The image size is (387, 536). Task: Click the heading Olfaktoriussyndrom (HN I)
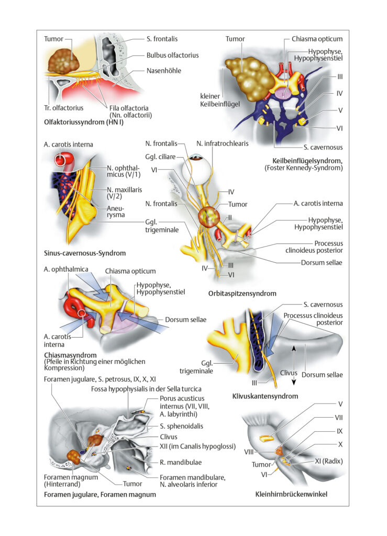[84, 122]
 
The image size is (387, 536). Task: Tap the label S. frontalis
[162, 39]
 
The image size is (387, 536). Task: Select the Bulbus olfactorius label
[172, 55]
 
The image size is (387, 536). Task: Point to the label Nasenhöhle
[164, 71]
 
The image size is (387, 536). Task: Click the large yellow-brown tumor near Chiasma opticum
[249, 80]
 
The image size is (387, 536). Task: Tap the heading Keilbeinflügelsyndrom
[307, 161]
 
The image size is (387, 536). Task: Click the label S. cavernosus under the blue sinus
[323, 147]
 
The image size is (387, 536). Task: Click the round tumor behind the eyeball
[209, 216]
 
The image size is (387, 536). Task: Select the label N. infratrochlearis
[222, 143]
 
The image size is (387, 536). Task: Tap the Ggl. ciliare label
[160, 157]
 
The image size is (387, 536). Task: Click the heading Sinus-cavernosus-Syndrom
[85, 253]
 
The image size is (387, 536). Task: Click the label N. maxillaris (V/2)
[124, 193]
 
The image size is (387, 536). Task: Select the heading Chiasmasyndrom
[70, 355]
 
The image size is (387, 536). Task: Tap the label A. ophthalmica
[65, 270]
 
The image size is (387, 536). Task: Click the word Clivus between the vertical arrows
[289, 373]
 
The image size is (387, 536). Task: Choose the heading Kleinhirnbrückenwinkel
[291, 494]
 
